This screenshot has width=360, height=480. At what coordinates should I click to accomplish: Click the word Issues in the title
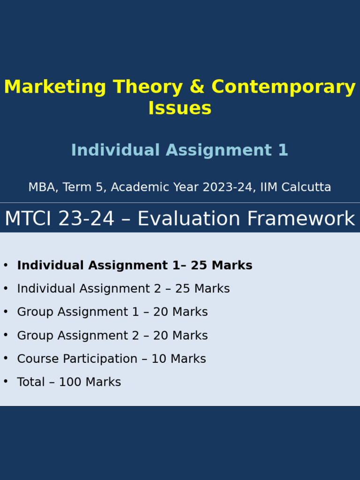click(180, 109)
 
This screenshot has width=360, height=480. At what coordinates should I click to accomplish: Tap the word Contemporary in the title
click(284, 88)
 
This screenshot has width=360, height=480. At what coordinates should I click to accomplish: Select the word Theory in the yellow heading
click(150, 88)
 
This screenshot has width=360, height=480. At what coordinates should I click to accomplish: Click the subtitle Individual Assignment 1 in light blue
click(180, 150)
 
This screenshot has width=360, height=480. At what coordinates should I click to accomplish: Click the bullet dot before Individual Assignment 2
click(6, 288)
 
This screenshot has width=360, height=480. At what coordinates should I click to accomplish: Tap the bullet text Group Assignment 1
click(78, 312)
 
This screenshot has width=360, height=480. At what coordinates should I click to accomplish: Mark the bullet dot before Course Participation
click(6, 358)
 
